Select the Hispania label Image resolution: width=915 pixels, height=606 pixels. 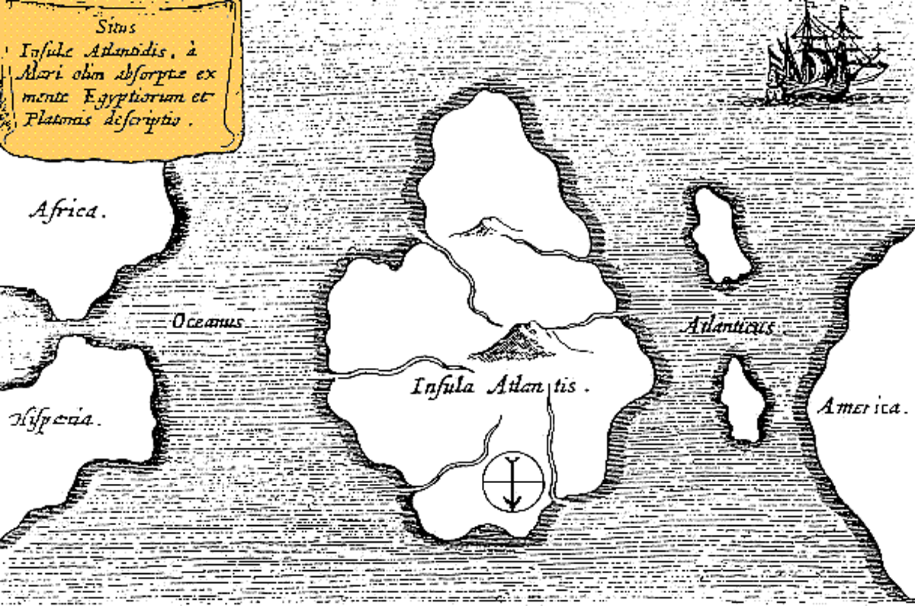tap(53, 418)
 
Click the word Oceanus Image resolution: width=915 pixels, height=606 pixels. tap(207, 322)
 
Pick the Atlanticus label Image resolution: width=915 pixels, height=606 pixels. tap(728, 327)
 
